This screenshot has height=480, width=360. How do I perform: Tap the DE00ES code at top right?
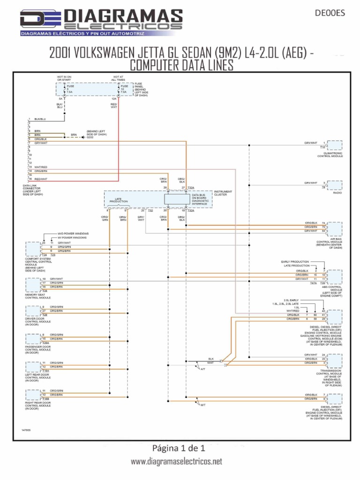(331, 13)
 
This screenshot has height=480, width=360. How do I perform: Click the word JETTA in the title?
(157, 53)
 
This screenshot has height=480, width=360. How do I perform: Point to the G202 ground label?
(90, 137)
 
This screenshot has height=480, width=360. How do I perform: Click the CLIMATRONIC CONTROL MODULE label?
(330, 154)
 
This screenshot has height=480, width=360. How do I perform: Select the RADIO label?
(336, 192)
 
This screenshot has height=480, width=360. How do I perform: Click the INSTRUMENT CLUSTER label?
(223, 193)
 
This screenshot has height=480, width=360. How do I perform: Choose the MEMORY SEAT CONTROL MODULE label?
(37, 296)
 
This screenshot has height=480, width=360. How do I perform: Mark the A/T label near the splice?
(202, 369)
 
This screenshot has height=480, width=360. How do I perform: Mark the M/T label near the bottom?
(202, 405)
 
